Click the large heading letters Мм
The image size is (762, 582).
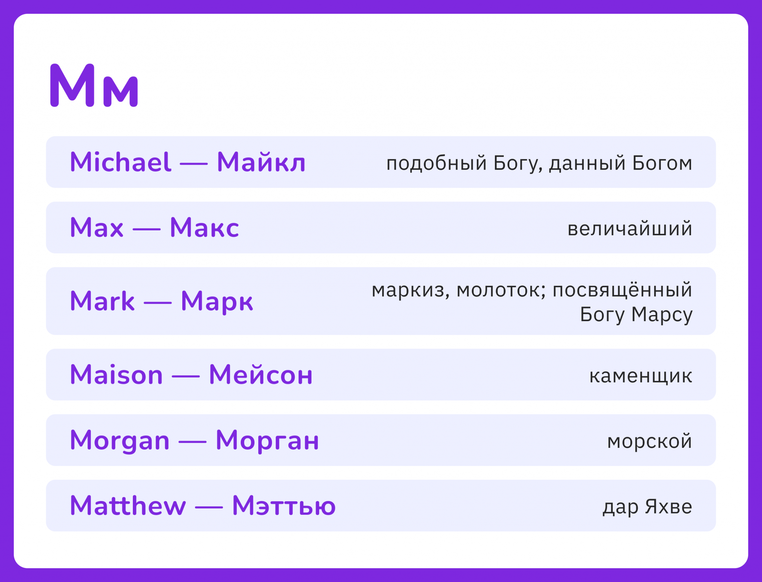[x=94, y=85]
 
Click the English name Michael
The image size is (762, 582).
[x=121, y=162]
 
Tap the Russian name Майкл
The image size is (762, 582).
[x=261, y=162]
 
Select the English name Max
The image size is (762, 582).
[x=97, y=227]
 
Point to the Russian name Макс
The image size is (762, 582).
[x=204, y=227]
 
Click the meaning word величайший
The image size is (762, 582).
[x=630, y=228]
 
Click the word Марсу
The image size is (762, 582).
[x=662, y=315]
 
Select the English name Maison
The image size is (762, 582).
[x=116, y=374]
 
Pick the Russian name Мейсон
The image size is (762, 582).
[x=261, y=374]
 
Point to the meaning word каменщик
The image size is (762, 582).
[x=641, y=376]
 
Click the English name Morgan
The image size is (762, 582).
[x=120, y=440]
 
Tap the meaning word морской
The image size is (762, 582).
[x=650, y=442]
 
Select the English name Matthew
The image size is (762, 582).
[x=128, y=505]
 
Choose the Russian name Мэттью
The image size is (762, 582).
[x=284, y=505]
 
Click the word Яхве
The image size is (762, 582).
[x=669, y=506]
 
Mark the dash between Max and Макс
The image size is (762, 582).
[x=147, y=229]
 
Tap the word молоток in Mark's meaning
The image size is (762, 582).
[x=501, y=290]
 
